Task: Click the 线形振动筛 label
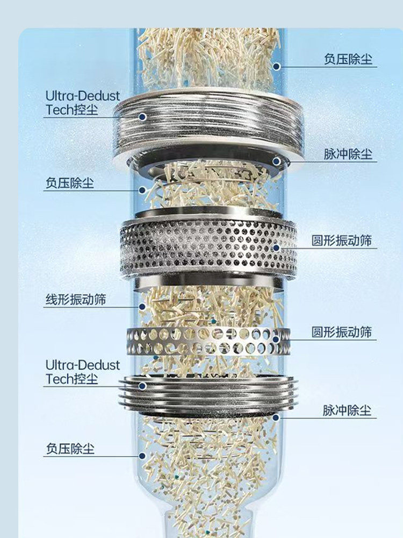pyautogui.click(x=76, y=300)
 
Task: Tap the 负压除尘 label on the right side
pyautogui.click(x=348, y=59)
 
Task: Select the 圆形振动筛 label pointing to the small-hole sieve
pyautogui.click(x=341, y=240)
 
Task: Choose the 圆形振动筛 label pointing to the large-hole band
pyautogui.click(x=341, y=332)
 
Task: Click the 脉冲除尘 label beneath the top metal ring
pyautogui.click(x=348, y=154)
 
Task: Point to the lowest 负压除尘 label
pyautogui.click(x=70, y=449)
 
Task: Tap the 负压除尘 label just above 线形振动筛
pyautogui.click(x=69, y=183)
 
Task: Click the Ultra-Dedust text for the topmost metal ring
pyautogui.click(x=83, y=96)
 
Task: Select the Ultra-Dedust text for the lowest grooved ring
pyautogui.click(x=83, y=365)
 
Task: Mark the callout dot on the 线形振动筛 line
pyautogui.click(x=142, y=307)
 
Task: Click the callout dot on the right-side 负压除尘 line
pyautogui.click(x=276, y=67)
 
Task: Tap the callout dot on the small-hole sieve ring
pyautogui.click(x=276, y=247)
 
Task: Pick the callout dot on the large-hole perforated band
pyautogui.click(x=276, y=339)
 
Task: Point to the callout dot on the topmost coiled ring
pyautogui.click(x=142, y=117)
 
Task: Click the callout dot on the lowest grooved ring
pyautogui.click(x=142, y=386)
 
